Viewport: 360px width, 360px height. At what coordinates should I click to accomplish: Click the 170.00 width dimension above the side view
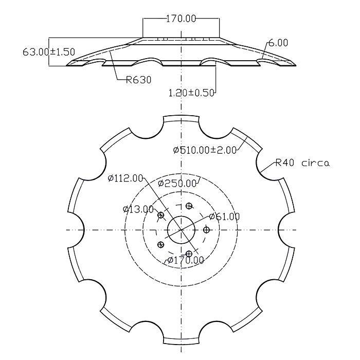(x=181, y=19)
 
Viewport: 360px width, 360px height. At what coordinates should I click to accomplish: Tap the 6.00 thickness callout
(x=278, y=43)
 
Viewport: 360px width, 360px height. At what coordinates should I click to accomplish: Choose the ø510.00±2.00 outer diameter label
(x=204, y=150)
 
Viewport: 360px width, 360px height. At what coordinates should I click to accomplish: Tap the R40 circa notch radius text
(x=302, y=164)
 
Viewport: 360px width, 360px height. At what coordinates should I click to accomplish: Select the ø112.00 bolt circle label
(x=125, y=178)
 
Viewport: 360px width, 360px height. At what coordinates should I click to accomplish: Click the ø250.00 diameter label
(x=177, y=184)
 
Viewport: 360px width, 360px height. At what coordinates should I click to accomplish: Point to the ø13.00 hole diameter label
(x=138, y=209)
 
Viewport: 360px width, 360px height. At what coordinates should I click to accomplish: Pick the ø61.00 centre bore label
(x=225, y=217)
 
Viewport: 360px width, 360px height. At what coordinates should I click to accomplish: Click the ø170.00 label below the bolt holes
(x=185, y=260)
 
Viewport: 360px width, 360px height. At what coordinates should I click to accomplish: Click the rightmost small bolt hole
(x=207, y=229)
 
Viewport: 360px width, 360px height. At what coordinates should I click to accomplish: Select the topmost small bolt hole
(x=189, y=206)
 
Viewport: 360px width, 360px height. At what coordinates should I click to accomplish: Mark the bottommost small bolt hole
(x=189, y=254)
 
